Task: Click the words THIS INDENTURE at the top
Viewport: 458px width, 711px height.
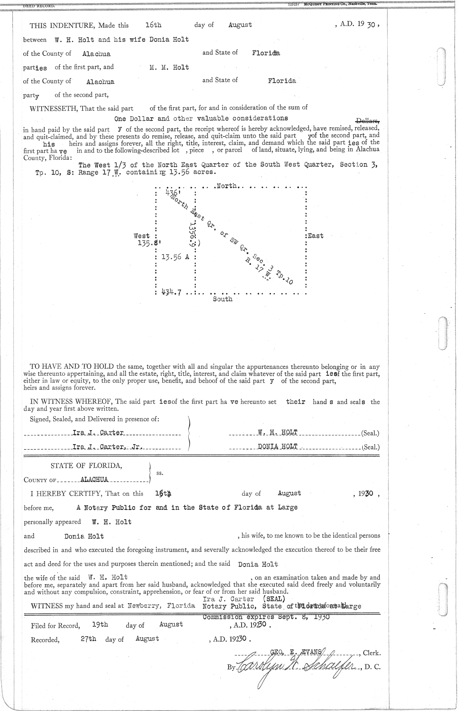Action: coord(63,26)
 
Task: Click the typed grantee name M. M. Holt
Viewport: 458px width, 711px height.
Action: coord(169,68)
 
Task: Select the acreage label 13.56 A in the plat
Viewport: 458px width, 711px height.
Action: coord(175,257)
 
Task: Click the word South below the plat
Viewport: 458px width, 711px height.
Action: coord(223,299)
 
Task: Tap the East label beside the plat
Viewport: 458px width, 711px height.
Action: coord(315,236)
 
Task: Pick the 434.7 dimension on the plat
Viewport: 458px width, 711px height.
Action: coord(171,292)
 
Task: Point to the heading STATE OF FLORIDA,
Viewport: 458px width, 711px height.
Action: coord(86,466)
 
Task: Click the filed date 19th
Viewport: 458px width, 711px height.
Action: coord(100,624)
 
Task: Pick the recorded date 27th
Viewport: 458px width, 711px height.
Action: coord(89,638)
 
